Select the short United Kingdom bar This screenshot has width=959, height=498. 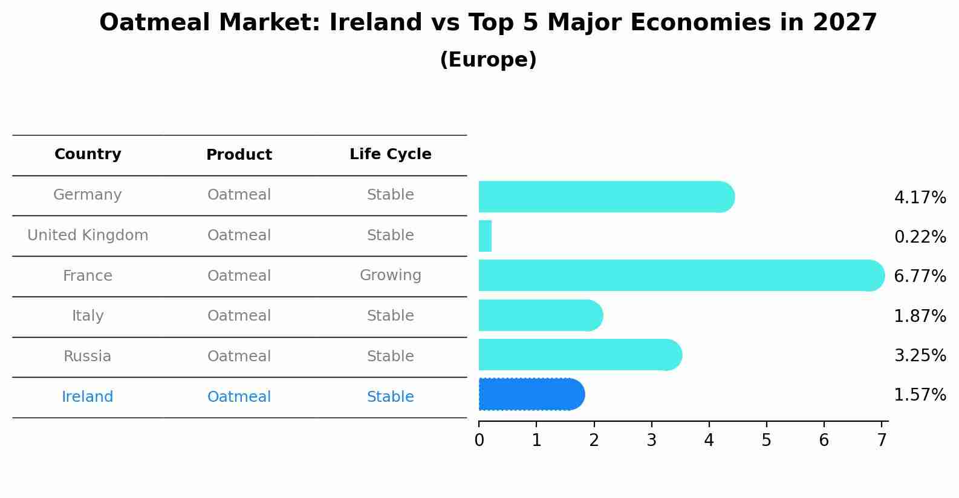(485, 236)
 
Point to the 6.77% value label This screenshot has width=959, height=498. (920, 277)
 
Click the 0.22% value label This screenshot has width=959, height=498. (920, 237)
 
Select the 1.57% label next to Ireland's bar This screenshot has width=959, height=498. (920, 395)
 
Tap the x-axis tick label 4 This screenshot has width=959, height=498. (709, 441)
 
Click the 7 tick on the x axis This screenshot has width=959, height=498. (882, 441)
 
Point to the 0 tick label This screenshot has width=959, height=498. (479, 441)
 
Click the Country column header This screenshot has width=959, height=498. (88, 154)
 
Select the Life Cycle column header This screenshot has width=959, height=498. (390, 154)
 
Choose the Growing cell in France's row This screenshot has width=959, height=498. (390, 275)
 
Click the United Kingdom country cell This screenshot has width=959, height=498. (88, 235)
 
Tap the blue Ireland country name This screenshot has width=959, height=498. (88, 397)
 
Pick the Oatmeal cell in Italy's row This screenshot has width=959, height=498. (239, 316)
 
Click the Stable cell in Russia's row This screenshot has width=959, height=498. (390, 356)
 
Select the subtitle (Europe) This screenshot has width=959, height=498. (488, 60)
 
